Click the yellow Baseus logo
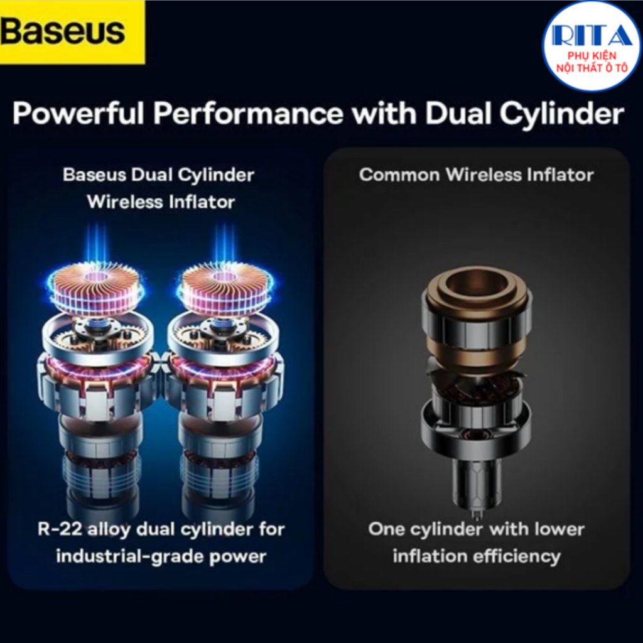point(72,32)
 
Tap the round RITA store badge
point(592,46)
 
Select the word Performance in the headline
point(248,113)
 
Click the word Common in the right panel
point(399,175)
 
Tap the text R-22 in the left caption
point(58,529)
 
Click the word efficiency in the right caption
point(516,557)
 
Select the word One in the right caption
point(387,529)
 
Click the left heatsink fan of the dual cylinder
point(97,288)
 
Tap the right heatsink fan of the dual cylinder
point(224,288)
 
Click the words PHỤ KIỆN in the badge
point(592,56)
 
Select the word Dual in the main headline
point(458,113)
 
